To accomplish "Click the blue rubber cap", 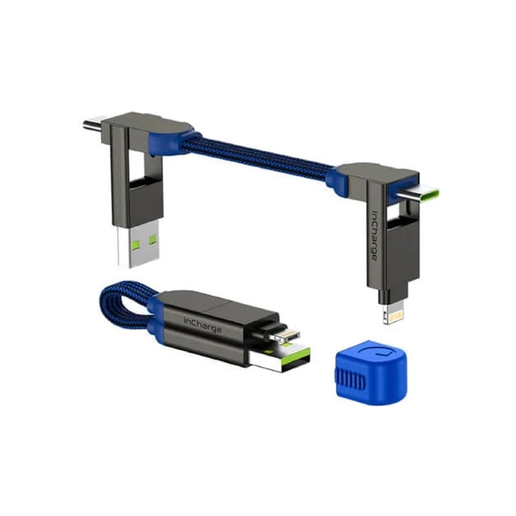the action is click(x=371, y=372).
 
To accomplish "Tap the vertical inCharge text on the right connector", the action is click(x=374, y=235).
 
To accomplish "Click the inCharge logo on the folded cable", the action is click(x=203, y=325).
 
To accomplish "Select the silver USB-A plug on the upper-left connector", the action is click(x=138, y=243).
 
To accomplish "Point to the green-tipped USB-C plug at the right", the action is click(x=419, y=196).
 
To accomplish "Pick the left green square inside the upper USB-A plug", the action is click(x=136, y=245).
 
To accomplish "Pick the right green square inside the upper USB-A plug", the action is click(x=152, y=239).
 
